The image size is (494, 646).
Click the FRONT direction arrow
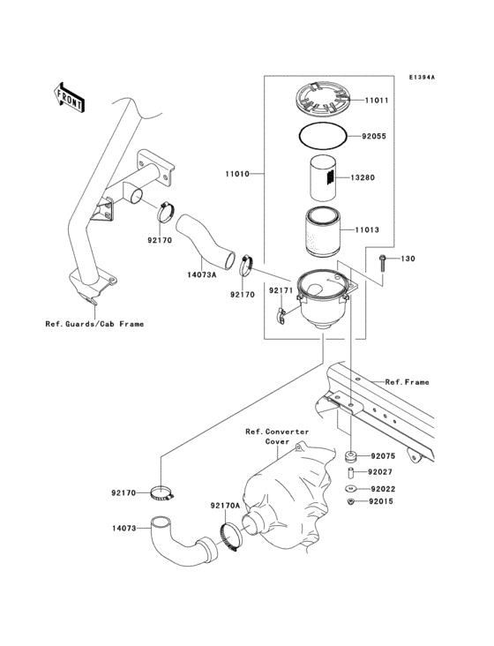pos(70,97)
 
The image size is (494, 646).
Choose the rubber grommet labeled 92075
pos(351,457)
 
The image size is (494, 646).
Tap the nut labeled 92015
pos(350,502)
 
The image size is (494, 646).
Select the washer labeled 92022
pos(350,488)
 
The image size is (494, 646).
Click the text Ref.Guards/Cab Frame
pos(94,324)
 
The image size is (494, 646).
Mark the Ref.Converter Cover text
pos(277,436)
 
